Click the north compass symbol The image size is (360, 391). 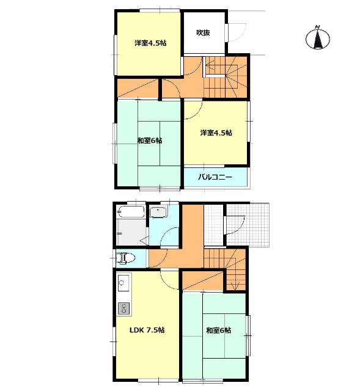318,38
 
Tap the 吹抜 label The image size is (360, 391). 203,32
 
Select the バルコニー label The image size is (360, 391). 215,177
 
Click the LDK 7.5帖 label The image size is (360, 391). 147,330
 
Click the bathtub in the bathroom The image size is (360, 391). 131,212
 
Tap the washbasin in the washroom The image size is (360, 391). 158,212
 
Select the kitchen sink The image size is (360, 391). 123,283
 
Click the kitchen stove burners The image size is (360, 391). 123,308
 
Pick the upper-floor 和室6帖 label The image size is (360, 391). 150,141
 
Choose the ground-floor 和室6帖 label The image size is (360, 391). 219,331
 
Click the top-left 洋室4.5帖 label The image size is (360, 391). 151,43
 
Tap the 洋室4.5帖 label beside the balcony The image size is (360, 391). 216,133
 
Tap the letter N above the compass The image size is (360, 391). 317,27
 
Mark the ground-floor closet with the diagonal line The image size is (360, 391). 202,281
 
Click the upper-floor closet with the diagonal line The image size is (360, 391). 138,89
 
